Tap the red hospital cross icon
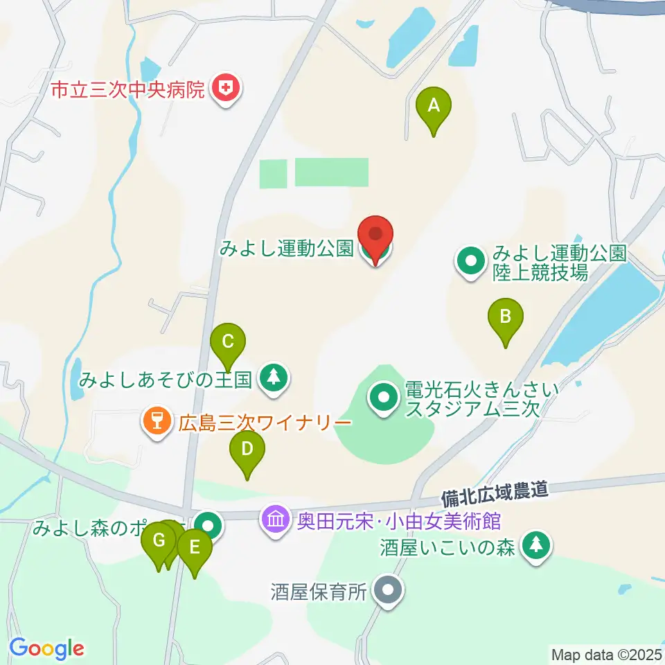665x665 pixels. tap(226, 89)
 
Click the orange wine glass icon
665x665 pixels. tap(157, 420)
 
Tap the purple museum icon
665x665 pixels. tap(276, 518)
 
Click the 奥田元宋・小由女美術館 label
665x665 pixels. tap(397, 519)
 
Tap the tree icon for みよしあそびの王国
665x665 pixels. tap(275, 378)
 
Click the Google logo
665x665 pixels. tap(46, 648)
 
